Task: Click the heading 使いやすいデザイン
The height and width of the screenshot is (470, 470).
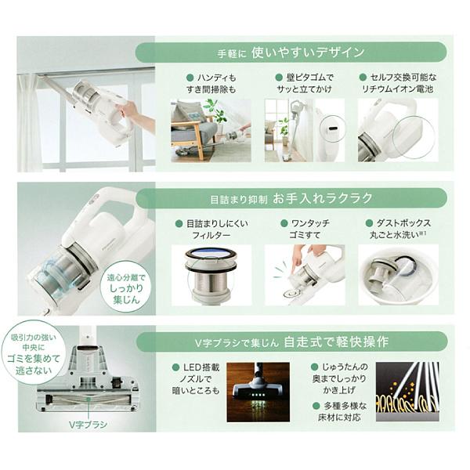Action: (x=307, y=52)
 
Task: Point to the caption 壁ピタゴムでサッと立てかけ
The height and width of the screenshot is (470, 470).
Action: (x=307, y=85)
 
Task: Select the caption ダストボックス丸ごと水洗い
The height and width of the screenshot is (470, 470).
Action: (x=399, y=230)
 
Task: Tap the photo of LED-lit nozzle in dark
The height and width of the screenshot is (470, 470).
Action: (x=258, y=392)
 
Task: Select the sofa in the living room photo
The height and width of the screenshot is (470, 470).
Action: (x=191, y=129)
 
